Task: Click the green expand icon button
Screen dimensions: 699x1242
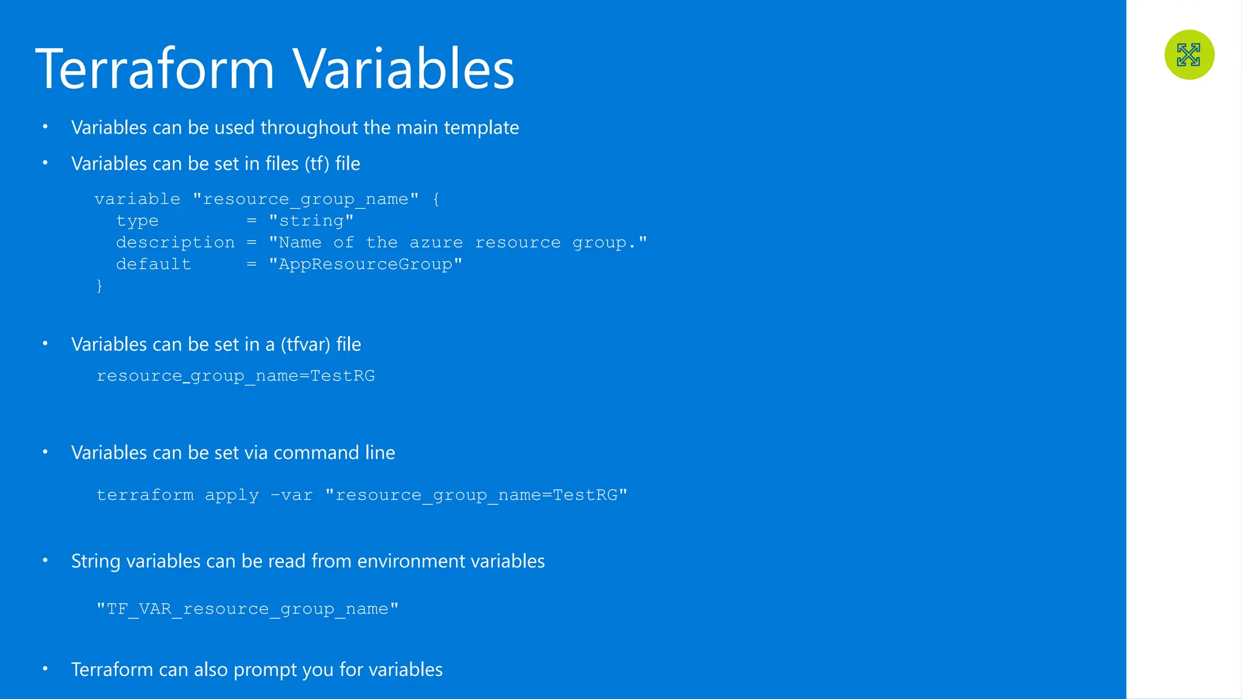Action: [1189, 55]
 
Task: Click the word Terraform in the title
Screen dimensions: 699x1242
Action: [155, 69]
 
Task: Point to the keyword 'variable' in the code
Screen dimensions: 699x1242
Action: [138, 199]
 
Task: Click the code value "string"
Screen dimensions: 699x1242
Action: [311, 221]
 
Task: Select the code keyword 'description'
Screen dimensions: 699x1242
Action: [175, 243]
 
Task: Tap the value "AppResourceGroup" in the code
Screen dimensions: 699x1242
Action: [365, 265]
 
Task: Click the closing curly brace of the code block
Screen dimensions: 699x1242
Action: [99, 286]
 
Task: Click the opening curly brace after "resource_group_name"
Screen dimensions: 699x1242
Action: [436, 199]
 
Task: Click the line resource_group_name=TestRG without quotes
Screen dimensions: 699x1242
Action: [235, 376]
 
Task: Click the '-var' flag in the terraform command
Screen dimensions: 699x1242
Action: [292, 495]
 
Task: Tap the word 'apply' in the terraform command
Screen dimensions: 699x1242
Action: [232, 496]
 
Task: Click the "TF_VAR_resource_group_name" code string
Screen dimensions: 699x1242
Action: [247, 609]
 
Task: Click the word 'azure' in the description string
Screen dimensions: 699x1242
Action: [436, 243]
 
